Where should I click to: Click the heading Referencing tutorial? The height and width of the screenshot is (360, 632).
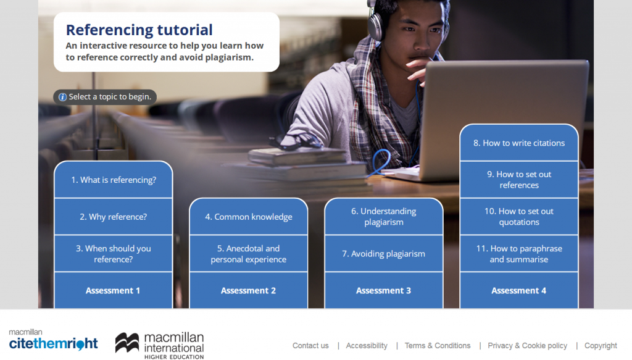point(139,30)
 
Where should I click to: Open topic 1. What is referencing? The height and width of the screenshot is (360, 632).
point(114,180)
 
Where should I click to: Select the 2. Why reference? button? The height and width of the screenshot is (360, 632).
point(114,217)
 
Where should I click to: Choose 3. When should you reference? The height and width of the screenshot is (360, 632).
point(114,254)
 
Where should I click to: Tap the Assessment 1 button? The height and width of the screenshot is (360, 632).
point(113,290)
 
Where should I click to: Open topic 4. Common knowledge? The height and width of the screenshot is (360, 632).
point(249,217)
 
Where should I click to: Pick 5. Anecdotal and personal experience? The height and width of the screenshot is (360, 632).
point(249,254)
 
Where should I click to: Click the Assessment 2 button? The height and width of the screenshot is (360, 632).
point(249,290)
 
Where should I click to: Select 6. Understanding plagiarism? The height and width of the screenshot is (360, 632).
point(384,216)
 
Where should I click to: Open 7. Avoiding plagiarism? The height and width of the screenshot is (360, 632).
point(384,254)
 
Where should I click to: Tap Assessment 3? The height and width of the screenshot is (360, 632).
point(384,290)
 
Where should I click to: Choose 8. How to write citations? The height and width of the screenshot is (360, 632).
point(519,143)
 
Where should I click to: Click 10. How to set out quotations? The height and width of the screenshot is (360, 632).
point(519,216)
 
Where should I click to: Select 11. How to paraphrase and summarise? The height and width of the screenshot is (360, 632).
point(519,254)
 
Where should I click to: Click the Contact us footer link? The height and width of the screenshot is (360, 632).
point(310,346)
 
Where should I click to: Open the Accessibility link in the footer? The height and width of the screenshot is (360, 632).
point(367,346)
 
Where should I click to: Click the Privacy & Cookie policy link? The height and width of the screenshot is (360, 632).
point(527,346)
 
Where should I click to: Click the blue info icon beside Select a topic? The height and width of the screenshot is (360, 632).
point(62,97)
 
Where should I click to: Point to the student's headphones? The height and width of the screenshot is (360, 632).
point(376,22)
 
